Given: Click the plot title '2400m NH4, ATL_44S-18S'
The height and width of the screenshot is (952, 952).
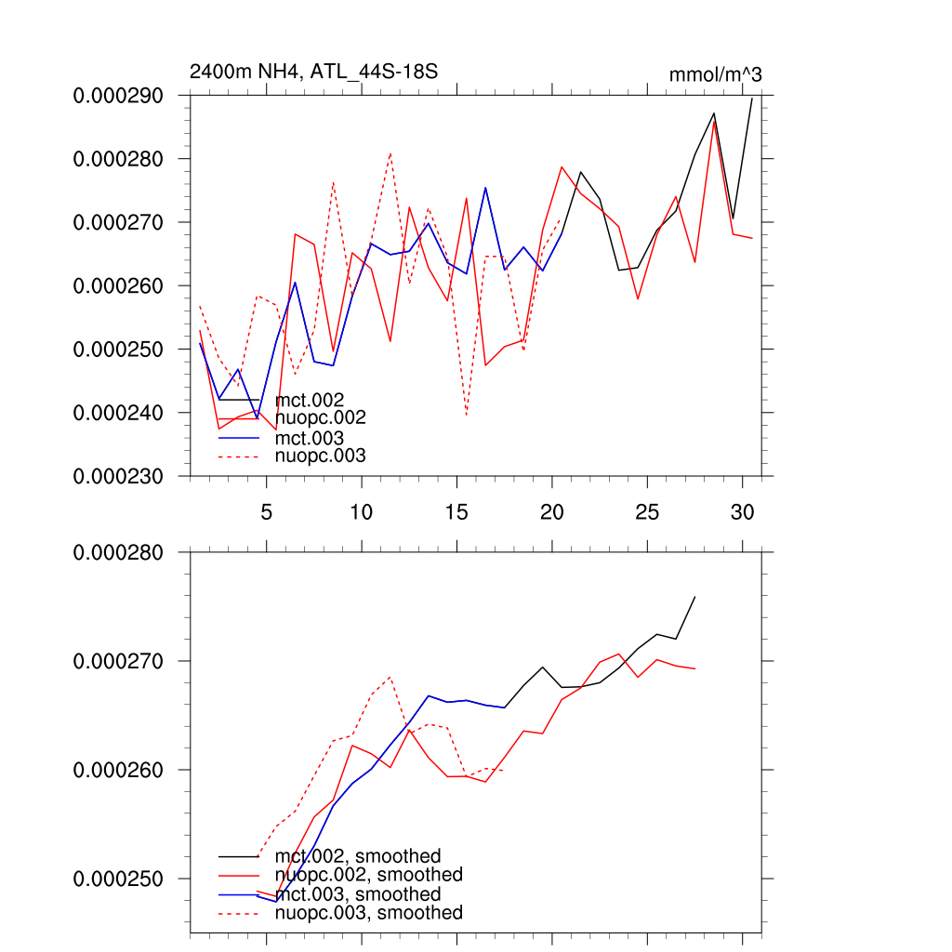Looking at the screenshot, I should pyautogui.click(x=313, y=72).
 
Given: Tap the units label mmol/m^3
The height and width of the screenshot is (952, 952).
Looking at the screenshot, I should pyautogui.click(x=715, y=74).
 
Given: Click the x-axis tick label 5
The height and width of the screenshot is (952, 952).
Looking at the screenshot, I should pyautogui.click(x=266, y=512).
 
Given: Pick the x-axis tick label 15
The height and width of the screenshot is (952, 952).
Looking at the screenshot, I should pyautogui.click(x=456, y=512).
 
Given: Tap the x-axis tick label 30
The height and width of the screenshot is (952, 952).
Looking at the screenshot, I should pyautogui.click(x=742, y=512).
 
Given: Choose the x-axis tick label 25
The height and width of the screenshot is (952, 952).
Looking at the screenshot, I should pyautogui.click(x=647, y=512).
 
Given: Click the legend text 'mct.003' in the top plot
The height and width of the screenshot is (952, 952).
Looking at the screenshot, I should pyautogui.click(x=310, y=437).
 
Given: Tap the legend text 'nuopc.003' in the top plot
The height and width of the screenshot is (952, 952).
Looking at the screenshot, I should pyautogui.click(x=321, y=456).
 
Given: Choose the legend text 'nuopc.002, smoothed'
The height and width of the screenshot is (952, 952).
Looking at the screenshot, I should pyautogui.click(x=368, y=875).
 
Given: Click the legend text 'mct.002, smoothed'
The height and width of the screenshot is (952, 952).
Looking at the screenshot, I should pyautogui.click(x=358, y=856).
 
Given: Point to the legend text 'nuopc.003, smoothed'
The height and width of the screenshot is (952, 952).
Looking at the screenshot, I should pyautogui.click(x=368, y=913).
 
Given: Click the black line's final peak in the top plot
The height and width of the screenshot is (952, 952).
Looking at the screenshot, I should pyautogui.click(x=751, y=98).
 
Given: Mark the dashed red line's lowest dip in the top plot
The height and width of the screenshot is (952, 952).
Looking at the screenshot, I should pyautogui.click(x=467, y=415).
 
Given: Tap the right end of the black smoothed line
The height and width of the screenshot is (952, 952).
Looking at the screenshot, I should pyautogui.click(x=694, y=597).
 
